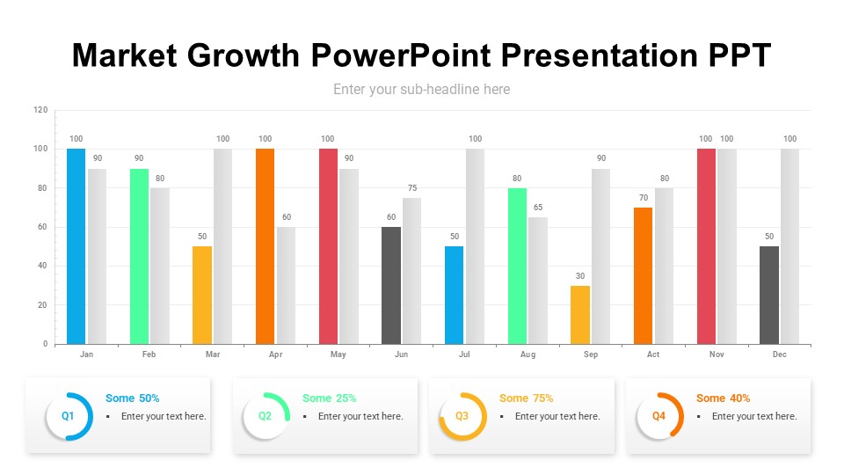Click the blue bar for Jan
click(x=76, y=246)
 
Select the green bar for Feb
click(x=139, y=256)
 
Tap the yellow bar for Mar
click(x=202, y=295)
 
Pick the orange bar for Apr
click(x=265, y=246)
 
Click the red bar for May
click(x=328, y=246)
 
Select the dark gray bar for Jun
click(x=391, y=285)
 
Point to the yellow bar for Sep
click(x=580, y=315)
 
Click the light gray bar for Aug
click(x=538, y=281)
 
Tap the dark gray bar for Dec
click(x=769, y=295)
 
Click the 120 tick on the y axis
click(x=40, y=110)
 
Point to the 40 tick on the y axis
click(x=42, y=266)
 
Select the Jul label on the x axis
click(x=464, y=354)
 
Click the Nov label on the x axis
click(x=717, y=354)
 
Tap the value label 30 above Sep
click(x=580, y=276)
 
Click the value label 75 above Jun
click(x=412, y=188)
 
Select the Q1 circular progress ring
click(x=69, y=416)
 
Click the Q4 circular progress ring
click(x=659, y=416)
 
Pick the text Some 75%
click(x=526, y=398)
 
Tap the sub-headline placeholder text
click(x=421, y=89)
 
